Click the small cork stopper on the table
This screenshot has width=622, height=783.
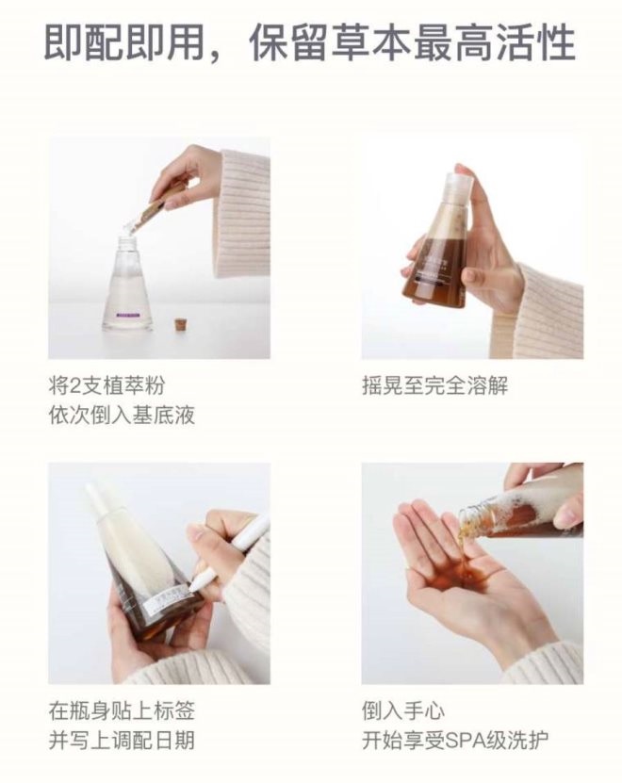[178, 323]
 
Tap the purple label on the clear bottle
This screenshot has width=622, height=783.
[129, 315]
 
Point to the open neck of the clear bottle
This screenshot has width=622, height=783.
[127, 236]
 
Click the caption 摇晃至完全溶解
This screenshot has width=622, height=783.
[434, 385]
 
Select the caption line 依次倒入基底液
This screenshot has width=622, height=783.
[122, 415]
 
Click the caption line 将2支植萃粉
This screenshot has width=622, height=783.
[106, 385]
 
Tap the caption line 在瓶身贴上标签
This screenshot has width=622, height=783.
[122, 710]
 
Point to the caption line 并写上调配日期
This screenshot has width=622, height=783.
[122, 740]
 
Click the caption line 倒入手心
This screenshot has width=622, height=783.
[403, 710]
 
